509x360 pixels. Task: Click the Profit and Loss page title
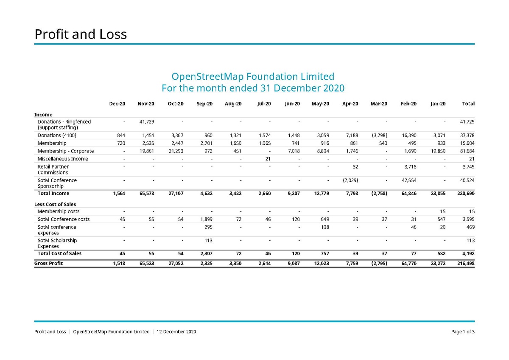81,34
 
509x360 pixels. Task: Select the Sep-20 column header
204,104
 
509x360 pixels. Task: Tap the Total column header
468,104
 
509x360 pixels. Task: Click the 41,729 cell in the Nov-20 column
146,122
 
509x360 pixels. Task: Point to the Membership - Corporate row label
65,151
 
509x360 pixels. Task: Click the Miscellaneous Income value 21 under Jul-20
268,159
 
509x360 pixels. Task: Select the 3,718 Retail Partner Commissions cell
409,167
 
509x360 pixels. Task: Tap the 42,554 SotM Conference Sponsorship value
408,180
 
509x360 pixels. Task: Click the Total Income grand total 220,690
465,194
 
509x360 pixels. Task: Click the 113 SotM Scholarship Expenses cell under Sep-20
208,240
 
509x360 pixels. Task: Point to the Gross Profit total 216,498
465,263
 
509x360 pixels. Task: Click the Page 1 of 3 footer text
463,332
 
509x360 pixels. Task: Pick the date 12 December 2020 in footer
176,332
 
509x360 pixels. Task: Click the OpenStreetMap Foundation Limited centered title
253,77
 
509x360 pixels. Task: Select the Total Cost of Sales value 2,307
205,253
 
